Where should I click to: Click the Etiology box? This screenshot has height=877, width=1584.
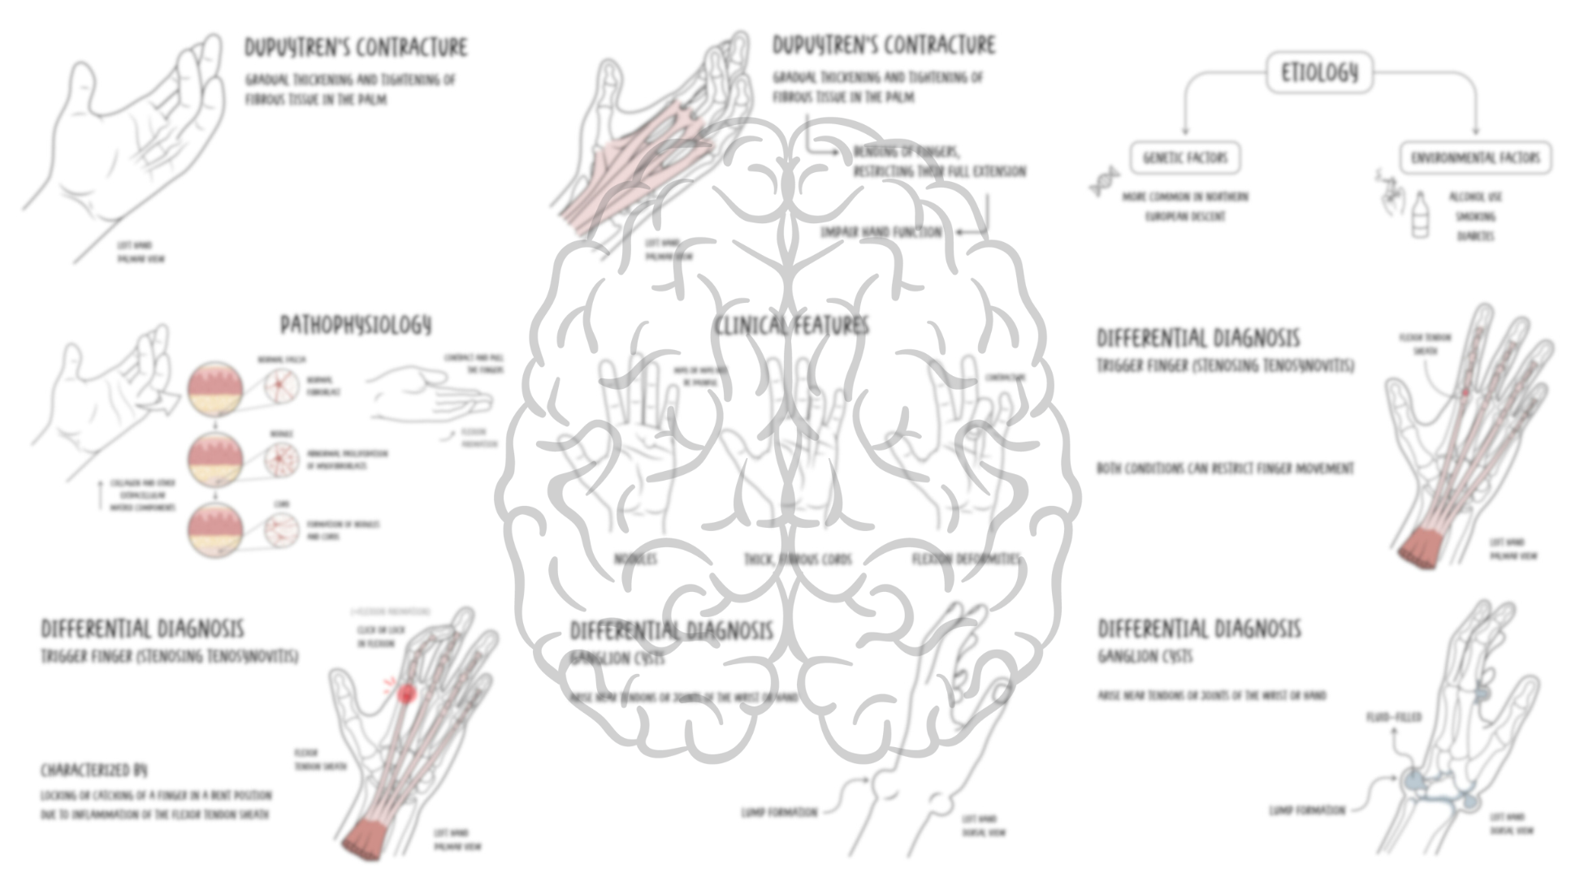coord(1319,73)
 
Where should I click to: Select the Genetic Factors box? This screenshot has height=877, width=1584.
coord(1185,158)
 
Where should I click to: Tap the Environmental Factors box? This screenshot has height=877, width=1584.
coord(1474,158)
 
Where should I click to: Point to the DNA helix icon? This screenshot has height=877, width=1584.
coord(1104,182)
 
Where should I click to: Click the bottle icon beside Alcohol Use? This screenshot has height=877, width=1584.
coord(1419,215)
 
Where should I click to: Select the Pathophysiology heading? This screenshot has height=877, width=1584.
coord(356,326)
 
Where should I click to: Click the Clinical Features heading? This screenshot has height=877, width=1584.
coord(791,326)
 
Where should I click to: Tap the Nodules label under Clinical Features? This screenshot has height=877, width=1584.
coord(635,559)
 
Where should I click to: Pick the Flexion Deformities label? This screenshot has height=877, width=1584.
coord(965,559)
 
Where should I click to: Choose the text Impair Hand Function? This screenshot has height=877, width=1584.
coord(881,232)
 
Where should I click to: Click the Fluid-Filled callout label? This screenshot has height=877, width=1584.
coord(1394,718)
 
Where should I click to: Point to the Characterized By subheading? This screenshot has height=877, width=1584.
coord(94,770)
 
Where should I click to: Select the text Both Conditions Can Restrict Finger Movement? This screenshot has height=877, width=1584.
coord(1225,469)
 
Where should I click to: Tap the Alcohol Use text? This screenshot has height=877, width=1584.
coord(1476,197)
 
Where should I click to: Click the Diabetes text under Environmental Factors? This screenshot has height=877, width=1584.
coord(1476,236)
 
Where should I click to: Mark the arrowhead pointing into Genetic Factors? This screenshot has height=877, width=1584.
coord(1185,132)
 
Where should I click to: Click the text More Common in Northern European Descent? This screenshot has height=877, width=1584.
coord(1185,207)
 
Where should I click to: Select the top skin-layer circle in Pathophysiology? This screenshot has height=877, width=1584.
coord(215,389)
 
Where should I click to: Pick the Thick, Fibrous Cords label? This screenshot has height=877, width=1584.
coord(798,559)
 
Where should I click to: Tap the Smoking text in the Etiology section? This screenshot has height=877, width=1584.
coord(1476,217)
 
